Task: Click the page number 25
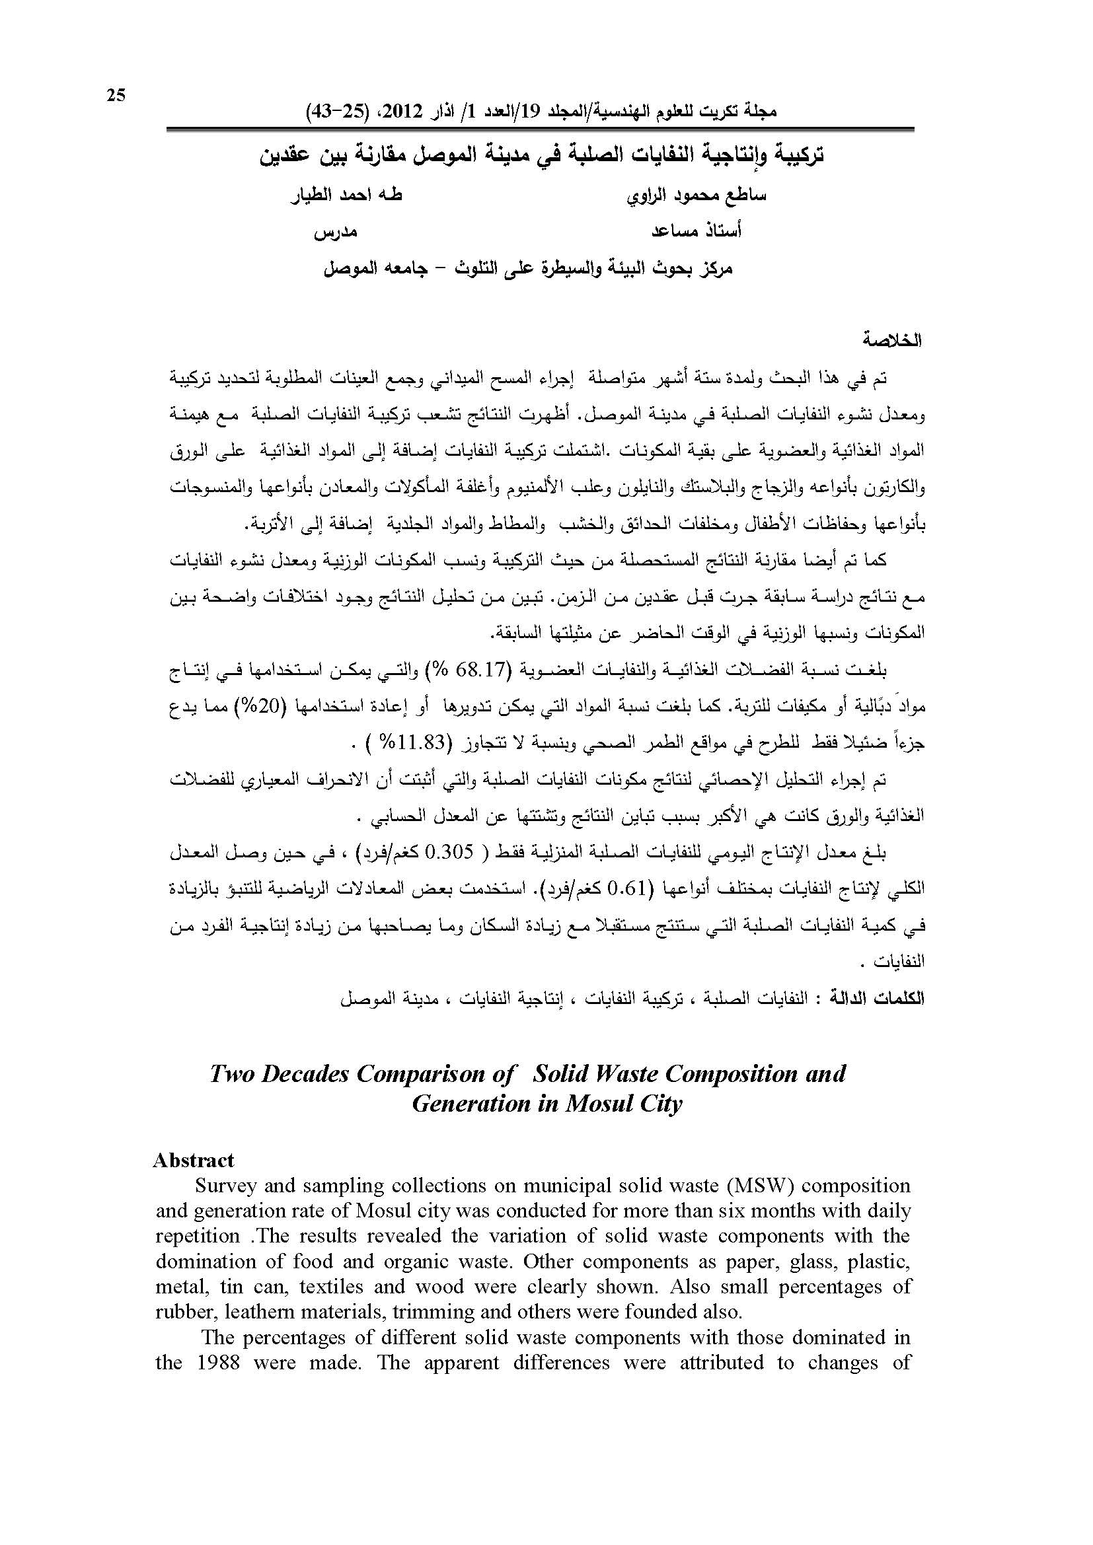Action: (116, 96)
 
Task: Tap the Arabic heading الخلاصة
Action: (894, 340)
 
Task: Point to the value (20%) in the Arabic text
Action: (677, 707)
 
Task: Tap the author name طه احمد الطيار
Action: (347, 196)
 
